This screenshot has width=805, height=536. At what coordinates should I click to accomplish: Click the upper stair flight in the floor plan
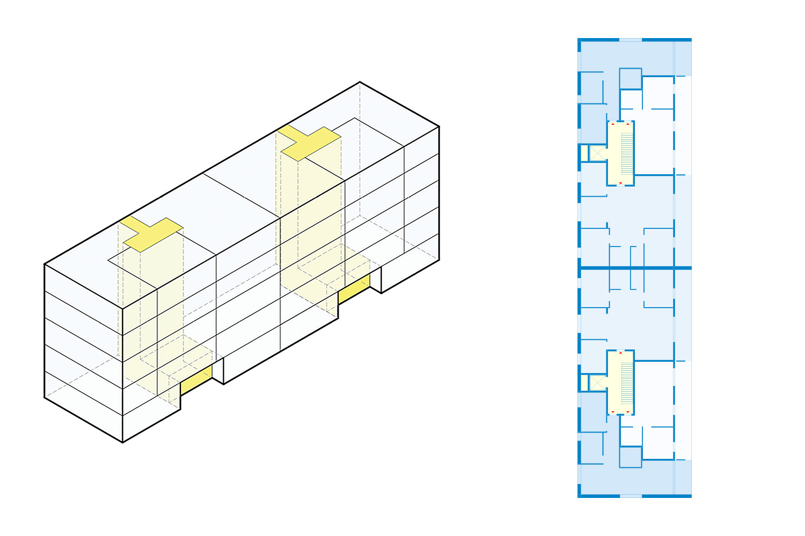click(x=627, y=153)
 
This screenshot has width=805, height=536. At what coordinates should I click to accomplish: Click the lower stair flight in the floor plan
click(x=627, y=383)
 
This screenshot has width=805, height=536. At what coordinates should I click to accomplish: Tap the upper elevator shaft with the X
click(x=598, y=153)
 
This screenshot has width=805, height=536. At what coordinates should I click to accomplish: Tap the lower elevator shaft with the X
click(x=598, y=383)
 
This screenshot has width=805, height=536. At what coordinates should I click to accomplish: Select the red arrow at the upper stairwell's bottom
click(x=621, y=183)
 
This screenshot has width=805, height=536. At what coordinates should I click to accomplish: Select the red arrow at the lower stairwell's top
click(x=621, y=353)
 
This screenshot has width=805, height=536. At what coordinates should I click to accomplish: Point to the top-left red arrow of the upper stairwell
click(x=613, y=124)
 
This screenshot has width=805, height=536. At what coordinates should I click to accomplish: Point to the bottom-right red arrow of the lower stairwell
click(x=628, y=412)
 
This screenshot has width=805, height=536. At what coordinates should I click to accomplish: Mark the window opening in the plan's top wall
click(x=631, y=40)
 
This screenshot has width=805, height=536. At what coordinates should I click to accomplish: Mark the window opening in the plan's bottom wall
click(x=631, y=496)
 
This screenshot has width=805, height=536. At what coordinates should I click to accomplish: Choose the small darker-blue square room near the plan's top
click(x=631, y=78)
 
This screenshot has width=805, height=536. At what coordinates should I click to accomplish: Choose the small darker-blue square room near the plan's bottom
click(x=631, y=457)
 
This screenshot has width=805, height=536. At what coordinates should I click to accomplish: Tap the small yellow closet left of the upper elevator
click(x=584, y=153)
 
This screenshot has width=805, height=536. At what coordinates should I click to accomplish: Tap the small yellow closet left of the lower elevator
click(x=584, y=383)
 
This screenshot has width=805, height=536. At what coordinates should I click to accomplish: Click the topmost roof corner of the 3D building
click(x=360, y=82)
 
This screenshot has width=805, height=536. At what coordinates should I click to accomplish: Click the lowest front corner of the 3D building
click(x=123, y=442)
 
